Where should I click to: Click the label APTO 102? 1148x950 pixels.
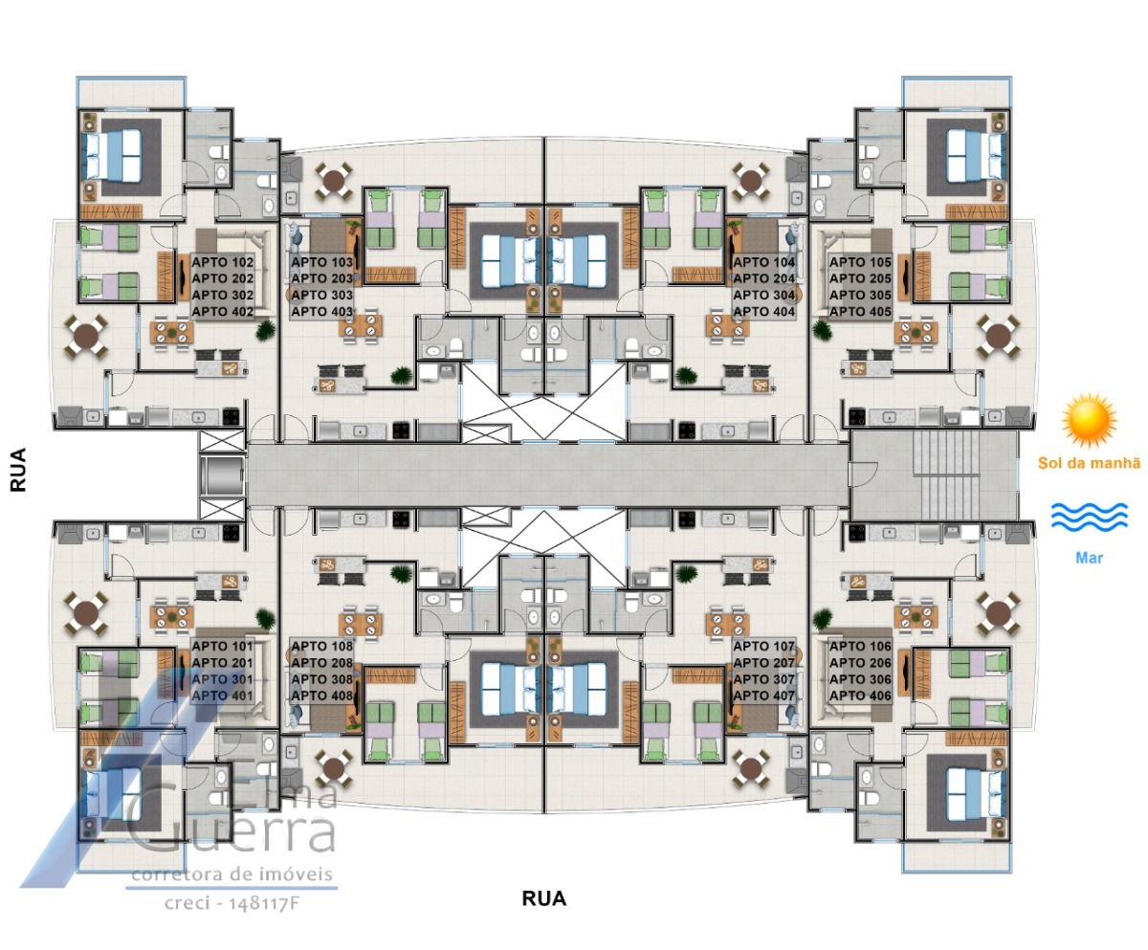coord(223,262)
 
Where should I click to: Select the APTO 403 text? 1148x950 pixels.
coord(322,312)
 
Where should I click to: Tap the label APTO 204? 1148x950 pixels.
coord(763,278)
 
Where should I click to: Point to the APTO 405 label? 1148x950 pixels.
coord(860,312)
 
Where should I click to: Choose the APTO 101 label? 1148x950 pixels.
coord(223,646)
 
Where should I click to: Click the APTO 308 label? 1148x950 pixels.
coord(322,679)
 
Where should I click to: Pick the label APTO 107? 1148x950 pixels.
coord(763,646)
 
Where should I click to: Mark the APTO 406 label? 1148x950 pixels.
coord(860,696)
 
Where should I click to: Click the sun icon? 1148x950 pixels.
coord(1090,422)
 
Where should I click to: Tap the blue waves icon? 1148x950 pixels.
coord(1090,517)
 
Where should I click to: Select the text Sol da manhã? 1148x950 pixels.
coord(1090,463)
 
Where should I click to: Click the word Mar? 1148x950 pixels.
coord(1090,558)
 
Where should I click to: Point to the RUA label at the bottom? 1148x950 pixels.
coord(544,899)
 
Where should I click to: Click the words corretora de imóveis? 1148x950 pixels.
coord(232,874)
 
